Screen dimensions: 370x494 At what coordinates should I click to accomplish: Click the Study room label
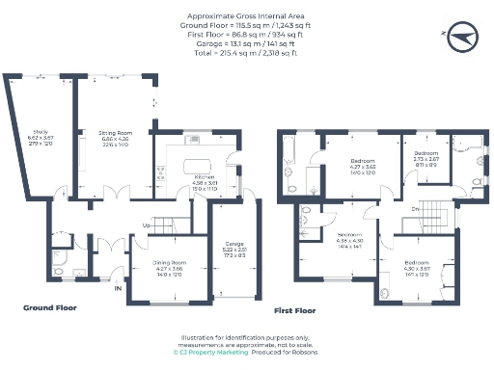tap(41, 131)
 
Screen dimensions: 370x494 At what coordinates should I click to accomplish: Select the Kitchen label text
tap(204, 177)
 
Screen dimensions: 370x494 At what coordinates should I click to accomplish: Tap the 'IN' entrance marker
tap(118, 286)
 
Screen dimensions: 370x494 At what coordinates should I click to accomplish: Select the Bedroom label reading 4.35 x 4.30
tap(349, 234)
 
